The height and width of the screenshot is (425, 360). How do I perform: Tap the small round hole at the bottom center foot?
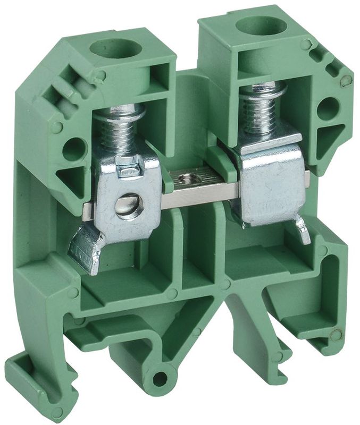160,379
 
